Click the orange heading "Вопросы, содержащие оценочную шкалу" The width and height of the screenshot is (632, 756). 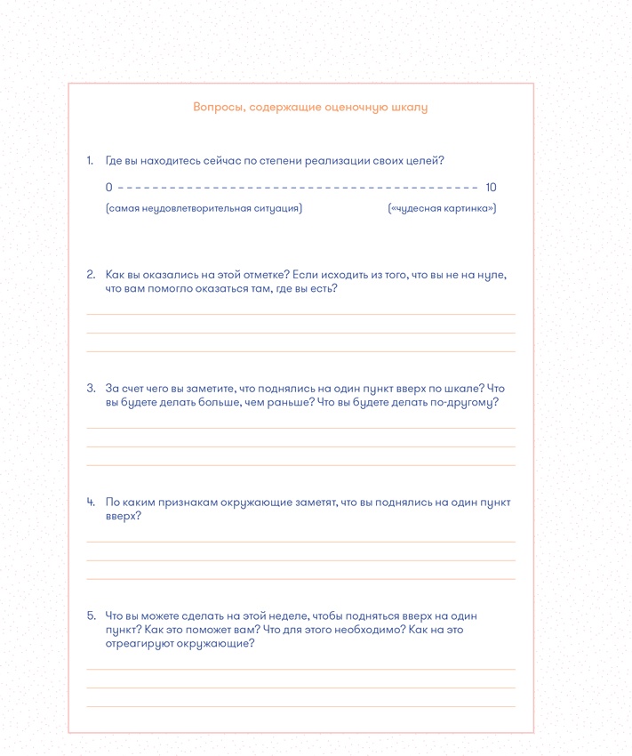pos(310,108)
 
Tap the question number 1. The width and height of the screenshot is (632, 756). pos(90,161)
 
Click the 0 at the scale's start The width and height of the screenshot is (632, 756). pos(108,187)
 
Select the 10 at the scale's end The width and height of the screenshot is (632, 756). pos(492,187)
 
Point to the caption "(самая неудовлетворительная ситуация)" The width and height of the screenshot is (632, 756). pos(204,208)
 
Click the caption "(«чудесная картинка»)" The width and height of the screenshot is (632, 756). pos(442,208)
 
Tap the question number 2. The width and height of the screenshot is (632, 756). pos(91,275)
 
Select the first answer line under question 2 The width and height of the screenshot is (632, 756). pos(300,314)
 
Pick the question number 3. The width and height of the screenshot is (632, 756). pos(91,389)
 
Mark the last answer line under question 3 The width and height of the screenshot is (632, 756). pos(300,465)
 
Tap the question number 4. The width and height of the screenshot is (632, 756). pos(91,503)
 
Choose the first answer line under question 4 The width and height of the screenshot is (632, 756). pos(300,542)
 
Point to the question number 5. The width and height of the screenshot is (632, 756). pos(91,615)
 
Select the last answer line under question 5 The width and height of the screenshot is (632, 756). pos(300,707)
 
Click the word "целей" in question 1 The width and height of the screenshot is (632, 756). pos(425,161)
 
